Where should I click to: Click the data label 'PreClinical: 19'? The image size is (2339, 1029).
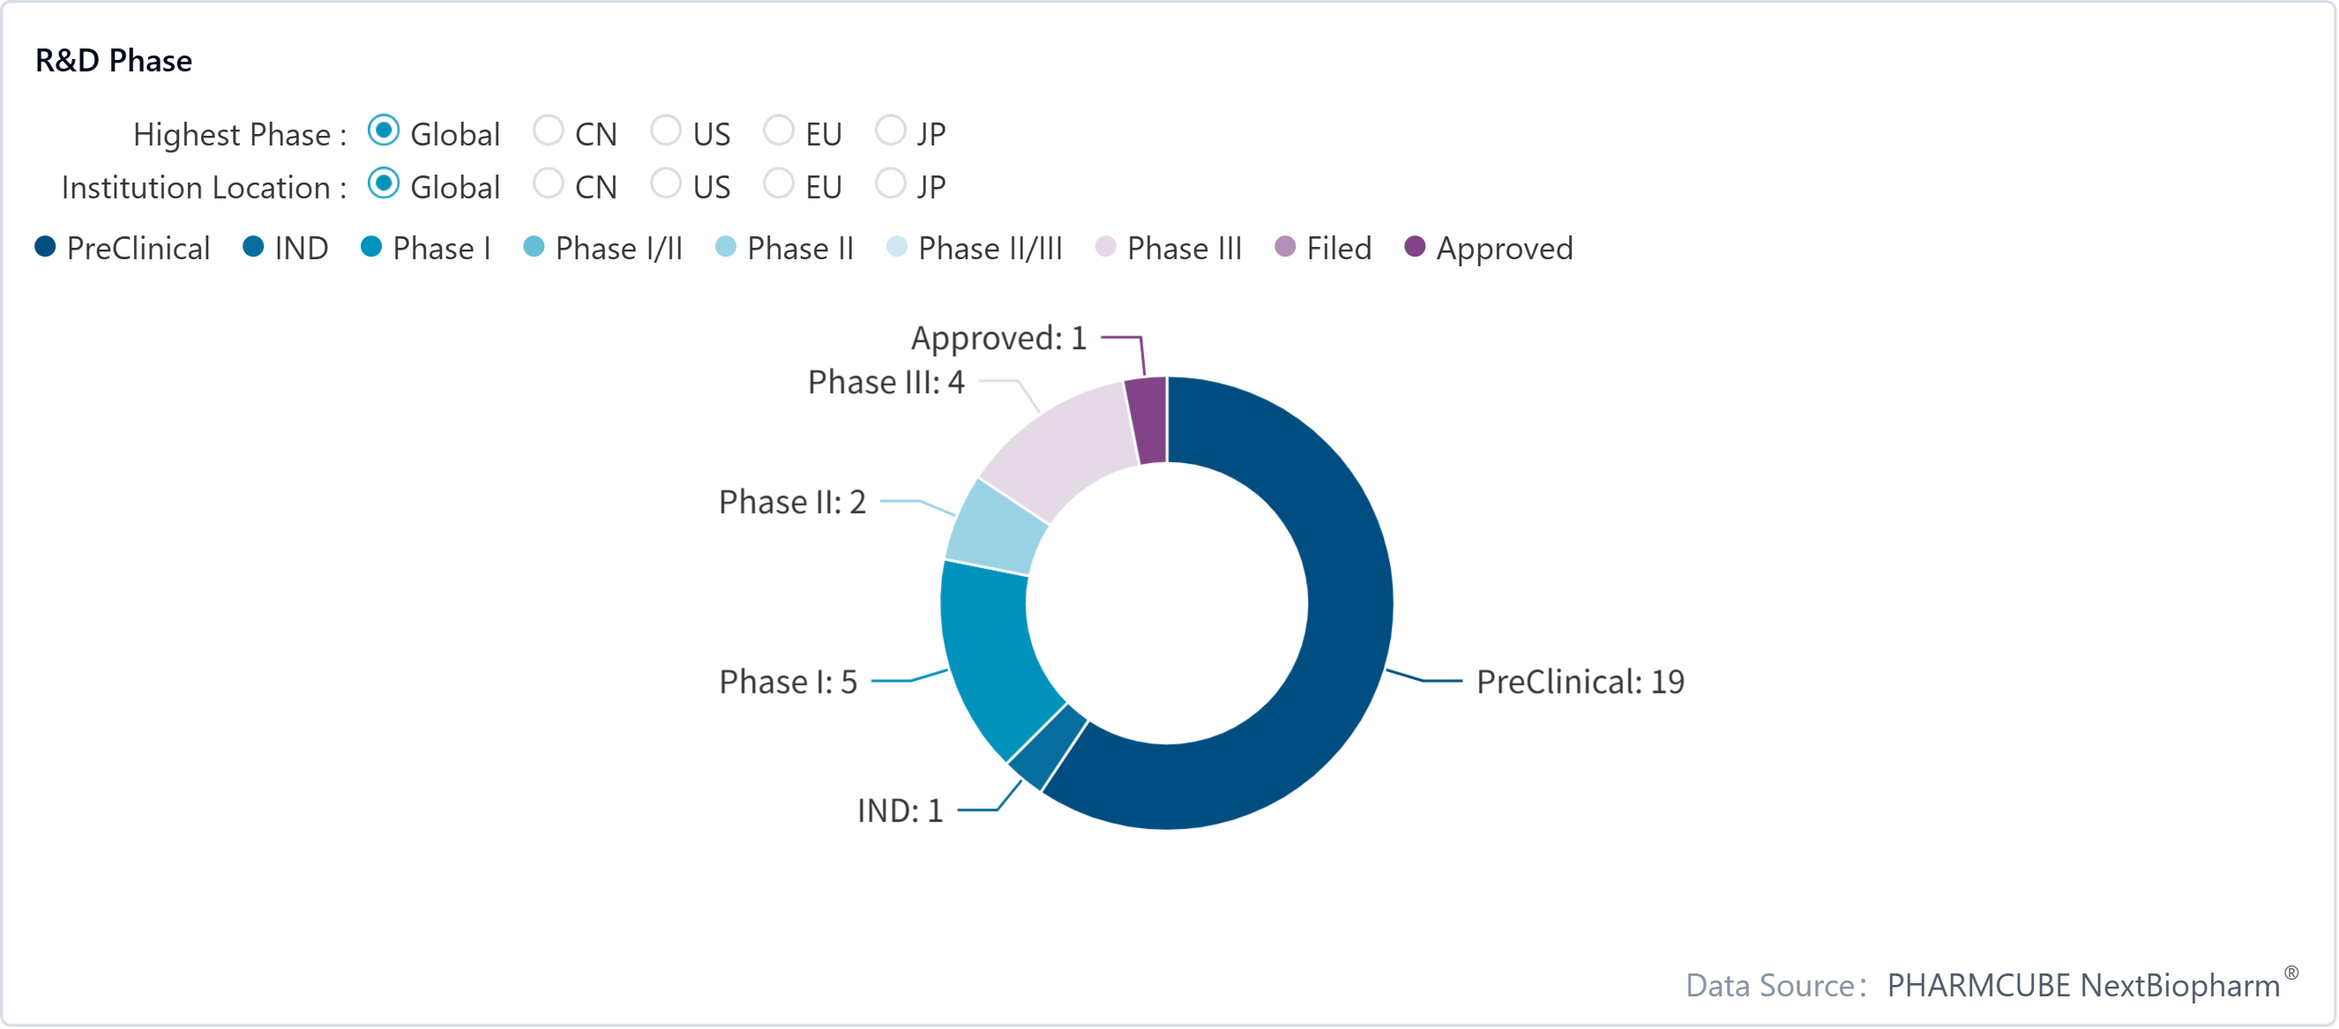(1580, 682)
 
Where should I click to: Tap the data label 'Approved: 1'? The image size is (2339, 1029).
(998, 338)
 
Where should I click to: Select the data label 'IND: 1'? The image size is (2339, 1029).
(900, 810)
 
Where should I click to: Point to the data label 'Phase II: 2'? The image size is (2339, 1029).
(792, 502)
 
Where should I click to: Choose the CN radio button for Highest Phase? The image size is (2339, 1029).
(549, 130)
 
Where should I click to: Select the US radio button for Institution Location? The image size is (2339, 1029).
(666, 184)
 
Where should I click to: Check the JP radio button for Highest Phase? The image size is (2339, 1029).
(891, 130)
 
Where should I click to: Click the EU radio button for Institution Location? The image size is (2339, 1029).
(778, 184)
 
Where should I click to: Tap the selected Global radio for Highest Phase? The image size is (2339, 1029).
(383, 130)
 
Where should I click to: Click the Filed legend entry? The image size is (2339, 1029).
(1324, 248)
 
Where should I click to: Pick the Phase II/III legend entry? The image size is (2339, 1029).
(975, 248)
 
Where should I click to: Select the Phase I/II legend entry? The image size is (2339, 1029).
(604, 248)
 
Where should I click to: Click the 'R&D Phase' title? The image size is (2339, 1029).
(114, 60)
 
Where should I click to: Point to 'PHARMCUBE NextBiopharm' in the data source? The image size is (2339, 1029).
(2083, 985)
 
